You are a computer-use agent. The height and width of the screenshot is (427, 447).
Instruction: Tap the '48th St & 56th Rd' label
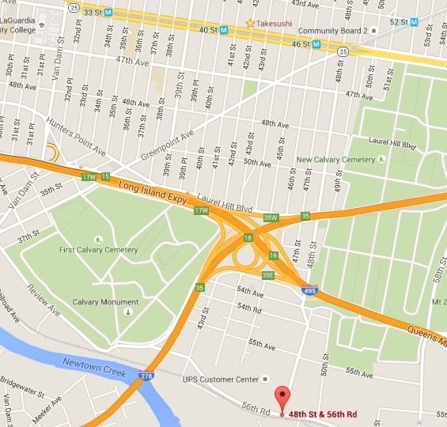[x=323, y=414]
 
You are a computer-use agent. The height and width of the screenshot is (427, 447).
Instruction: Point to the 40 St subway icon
[x=224, y=30]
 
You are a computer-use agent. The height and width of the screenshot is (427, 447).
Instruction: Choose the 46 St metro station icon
[x=316, y=44]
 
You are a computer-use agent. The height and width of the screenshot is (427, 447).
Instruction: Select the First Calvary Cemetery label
[x=98, y=250]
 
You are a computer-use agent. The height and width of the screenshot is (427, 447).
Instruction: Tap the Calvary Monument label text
[x=105, y=302]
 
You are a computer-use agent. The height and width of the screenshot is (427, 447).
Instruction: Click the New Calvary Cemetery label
[x=335, y=159]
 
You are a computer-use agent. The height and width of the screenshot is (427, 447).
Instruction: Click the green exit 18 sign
[x=248, y=237]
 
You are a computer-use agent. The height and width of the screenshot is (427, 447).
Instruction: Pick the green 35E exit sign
[x=268, y=275]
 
